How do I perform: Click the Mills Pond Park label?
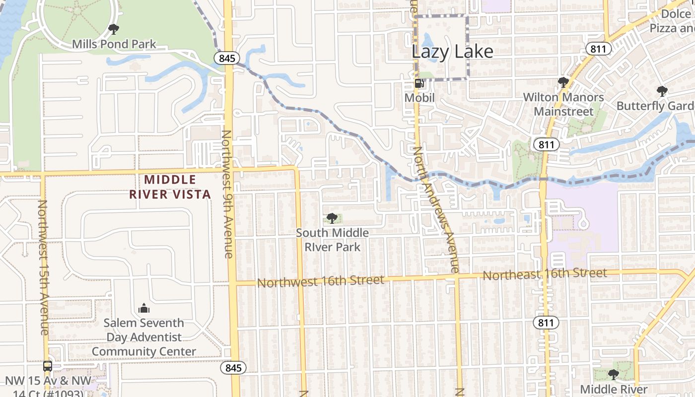click(114, 44)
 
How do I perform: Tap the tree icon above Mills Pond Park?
click(114, 29)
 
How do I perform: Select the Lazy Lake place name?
click(453, 52)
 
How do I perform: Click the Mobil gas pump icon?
click(419, 83)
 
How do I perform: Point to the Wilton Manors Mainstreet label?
click(563, 104)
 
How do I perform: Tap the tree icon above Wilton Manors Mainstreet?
click(563, 82)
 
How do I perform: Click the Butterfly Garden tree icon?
click(662, 91)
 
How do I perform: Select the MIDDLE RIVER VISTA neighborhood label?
click(170, 187)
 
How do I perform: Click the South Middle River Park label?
click(332, 240)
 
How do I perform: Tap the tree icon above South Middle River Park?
click(332, 218)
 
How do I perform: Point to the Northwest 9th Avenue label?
click(227, 194)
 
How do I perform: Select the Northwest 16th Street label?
click(321, 281)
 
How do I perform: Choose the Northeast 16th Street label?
click(545, 273)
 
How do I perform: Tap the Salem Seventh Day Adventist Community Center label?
click(144, 337)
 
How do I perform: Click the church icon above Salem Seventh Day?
click(144, 308)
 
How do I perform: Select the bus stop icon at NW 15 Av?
click(48, 366)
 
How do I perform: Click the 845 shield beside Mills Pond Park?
click(227, 58)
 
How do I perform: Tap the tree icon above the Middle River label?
click(614, 374)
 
